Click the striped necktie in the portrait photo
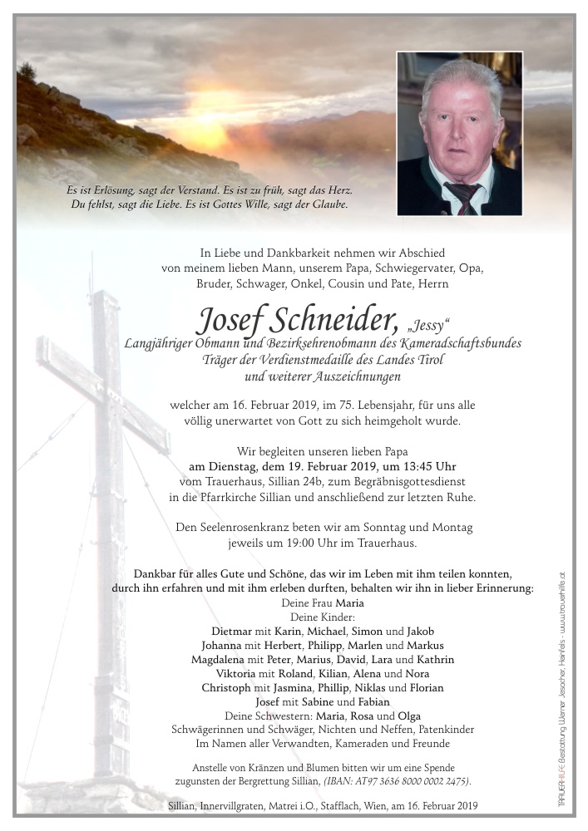tap(463, 198)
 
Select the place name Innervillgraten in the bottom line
tap(231, 807)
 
